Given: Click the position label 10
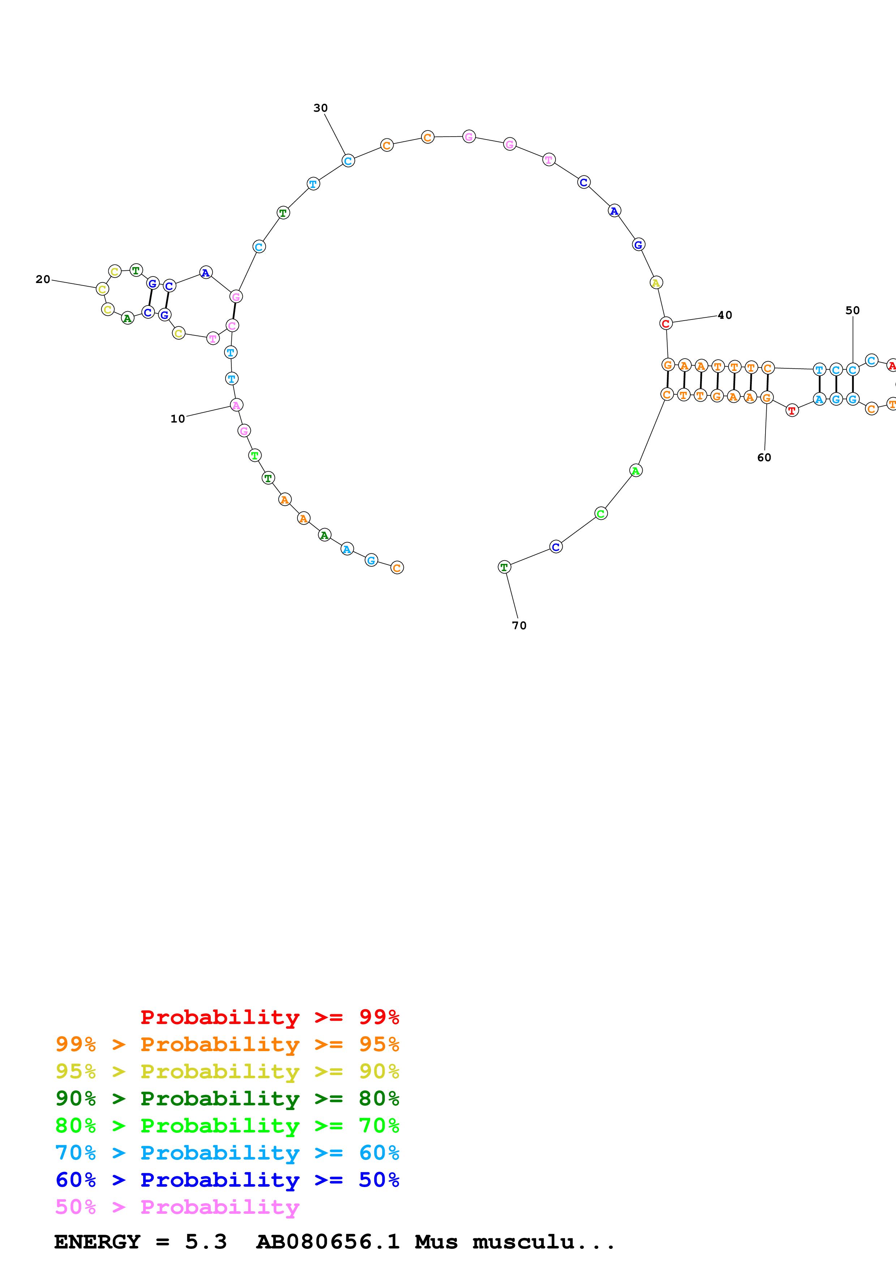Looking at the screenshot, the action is click(x=177, y=419).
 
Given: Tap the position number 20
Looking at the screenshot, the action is click(x=43, y=279).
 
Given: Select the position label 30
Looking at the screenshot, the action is click(x=320, y=108).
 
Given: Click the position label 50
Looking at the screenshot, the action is click(x=852, y=310).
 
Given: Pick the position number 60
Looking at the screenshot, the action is click(x=764, y=457).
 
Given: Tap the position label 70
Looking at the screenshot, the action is click(x=519, y=625).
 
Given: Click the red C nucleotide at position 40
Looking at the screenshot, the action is click(x=666, y=324).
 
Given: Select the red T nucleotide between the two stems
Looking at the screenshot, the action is click(x=792, y=410).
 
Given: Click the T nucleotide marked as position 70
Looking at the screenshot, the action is click(x=504, y=567).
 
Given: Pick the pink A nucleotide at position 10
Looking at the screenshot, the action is click(x=236, y=405).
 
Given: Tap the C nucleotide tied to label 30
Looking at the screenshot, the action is click(x=348, y=161).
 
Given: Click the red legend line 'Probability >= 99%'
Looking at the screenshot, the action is click(x=269, y=1017).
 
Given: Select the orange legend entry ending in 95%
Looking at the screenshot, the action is click(x=227, y=1044).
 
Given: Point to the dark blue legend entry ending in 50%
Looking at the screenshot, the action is click(x=227, y=1180).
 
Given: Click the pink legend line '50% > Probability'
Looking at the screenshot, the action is click(x=177, y=1207).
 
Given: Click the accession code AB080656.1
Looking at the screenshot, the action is click(x=327, y=1242).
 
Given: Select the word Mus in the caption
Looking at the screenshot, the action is click(x=436, y=1242).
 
